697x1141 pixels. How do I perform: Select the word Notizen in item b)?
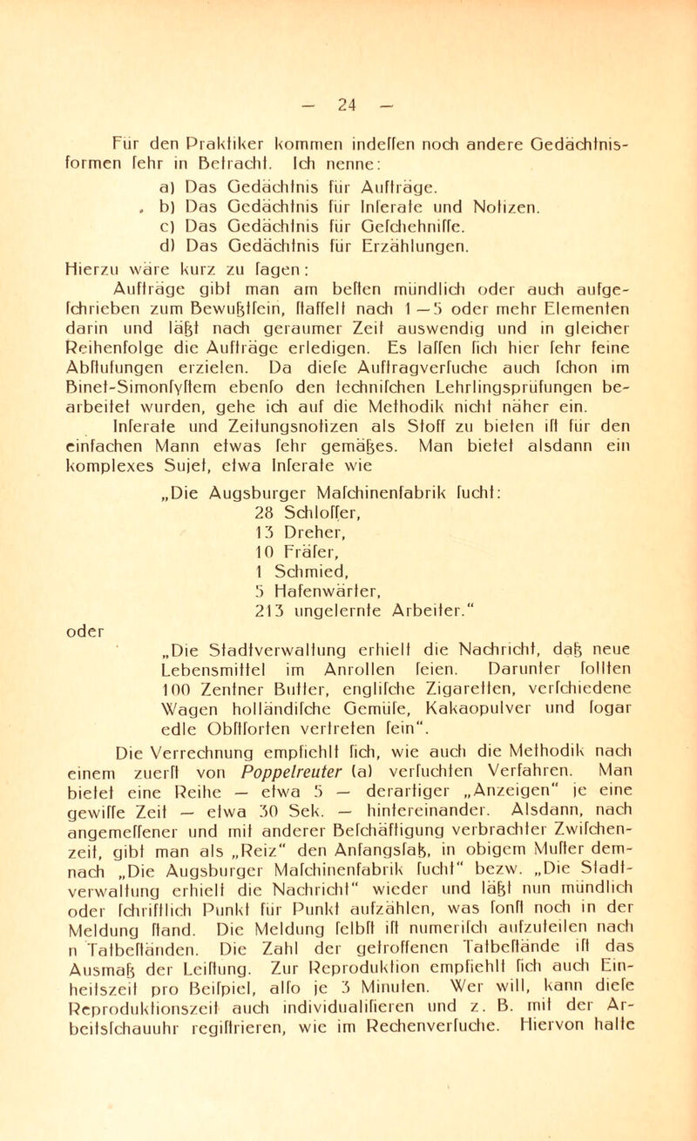(x=516, y=207)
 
